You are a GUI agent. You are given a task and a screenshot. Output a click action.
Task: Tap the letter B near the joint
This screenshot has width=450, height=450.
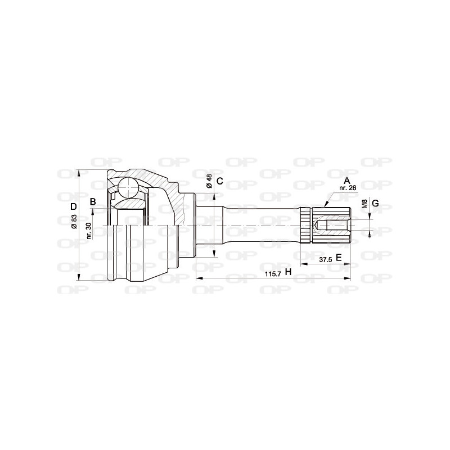point(92,201)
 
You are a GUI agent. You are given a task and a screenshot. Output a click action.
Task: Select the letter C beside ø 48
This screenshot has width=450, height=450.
point(220,181)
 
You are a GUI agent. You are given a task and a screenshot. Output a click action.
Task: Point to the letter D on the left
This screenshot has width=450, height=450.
point(73,206)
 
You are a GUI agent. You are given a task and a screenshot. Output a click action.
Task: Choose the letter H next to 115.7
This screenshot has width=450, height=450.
point(288,272)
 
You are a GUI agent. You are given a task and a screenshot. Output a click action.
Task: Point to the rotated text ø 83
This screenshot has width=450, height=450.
point(74,223)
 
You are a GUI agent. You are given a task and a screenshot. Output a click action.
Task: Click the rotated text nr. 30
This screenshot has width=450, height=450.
point(89,230)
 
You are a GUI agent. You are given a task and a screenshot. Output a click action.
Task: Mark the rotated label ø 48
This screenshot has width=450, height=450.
point(209,181)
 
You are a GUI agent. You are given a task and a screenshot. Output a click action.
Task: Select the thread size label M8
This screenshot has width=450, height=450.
point(364,203)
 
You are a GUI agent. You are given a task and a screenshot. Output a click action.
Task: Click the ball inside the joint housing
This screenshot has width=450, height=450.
point(129,187)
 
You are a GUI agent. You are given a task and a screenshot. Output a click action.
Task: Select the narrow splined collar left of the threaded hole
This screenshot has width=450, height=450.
point(305,225)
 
